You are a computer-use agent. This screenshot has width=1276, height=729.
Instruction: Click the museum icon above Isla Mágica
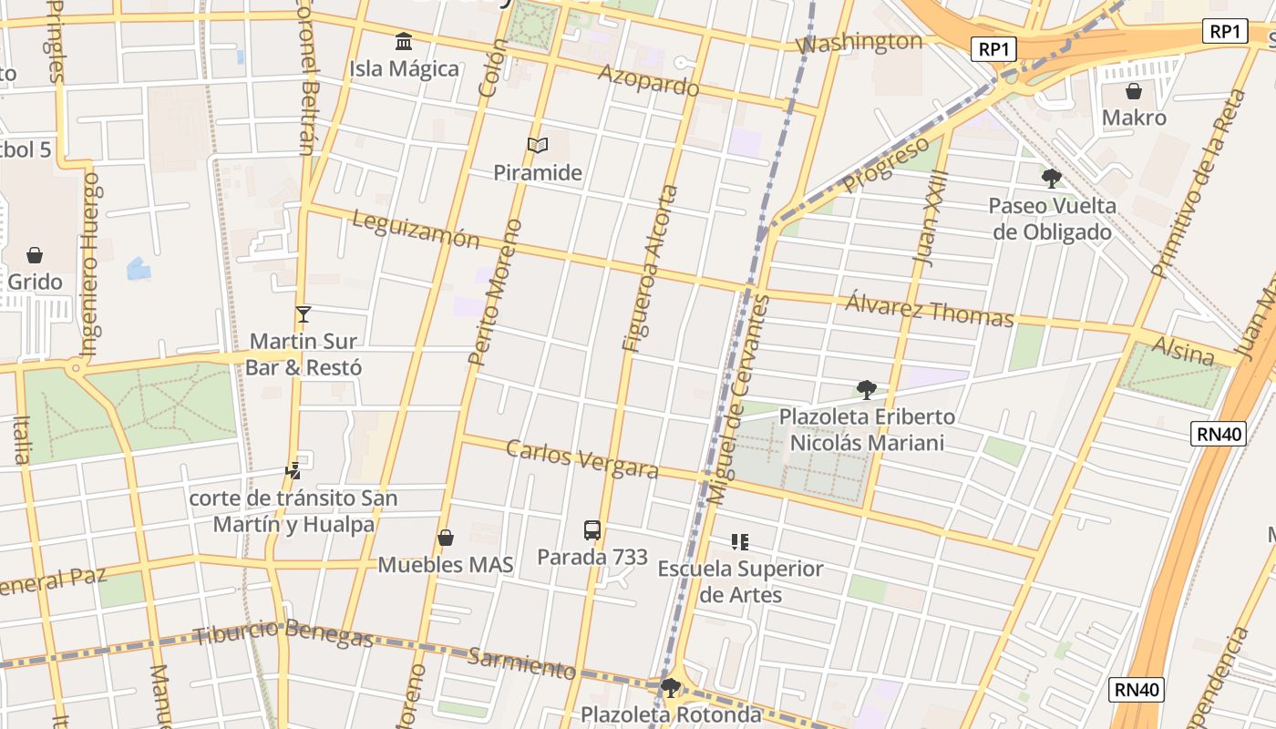tap(404, 41)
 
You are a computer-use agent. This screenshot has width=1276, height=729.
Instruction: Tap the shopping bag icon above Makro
tap(1134, 91)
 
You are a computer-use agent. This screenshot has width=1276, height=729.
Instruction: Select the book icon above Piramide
tap(538, 145)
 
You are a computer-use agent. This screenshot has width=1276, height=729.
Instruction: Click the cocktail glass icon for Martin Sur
tap(304, 314)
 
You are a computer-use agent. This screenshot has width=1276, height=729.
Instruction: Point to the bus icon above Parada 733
tap(592, 529)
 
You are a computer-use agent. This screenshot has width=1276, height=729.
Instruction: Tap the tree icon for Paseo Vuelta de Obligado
tap(1052, 178)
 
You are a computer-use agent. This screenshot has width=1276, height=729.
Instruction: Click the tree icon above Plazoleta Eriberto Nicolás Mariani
tap(867, 390)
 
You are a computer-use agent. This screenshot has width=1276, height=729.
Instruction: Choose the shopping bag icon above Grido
tap(35, 254)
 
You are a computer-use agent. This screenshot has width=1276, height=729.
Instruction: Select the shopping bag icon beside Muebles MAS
tap(446, 538)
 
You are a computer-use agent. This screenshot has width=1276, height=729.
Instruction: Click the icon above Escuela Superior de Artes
tap(740, 542)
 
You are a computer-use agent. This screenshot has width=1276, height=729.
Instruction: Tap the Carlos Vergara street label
tap(581, 458)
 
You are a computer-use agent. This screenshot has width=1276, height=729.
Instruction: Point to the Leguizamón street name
tap(415, 230)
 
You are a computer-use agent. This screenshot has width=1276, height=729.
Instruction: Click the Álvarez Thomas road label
tap(929, 309)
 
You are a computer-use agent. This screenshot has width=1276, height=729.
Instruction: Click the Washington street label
tap(859, 42)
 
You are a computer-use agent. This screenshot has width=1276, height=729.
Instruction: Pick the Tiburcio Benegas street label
tap(283, 632)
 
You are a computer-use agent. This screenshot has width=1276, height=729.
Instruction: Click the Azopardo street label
tap(648, 81)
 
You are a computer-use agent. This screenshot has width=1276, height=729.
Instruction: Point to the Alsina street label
tap(1183, 350)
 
